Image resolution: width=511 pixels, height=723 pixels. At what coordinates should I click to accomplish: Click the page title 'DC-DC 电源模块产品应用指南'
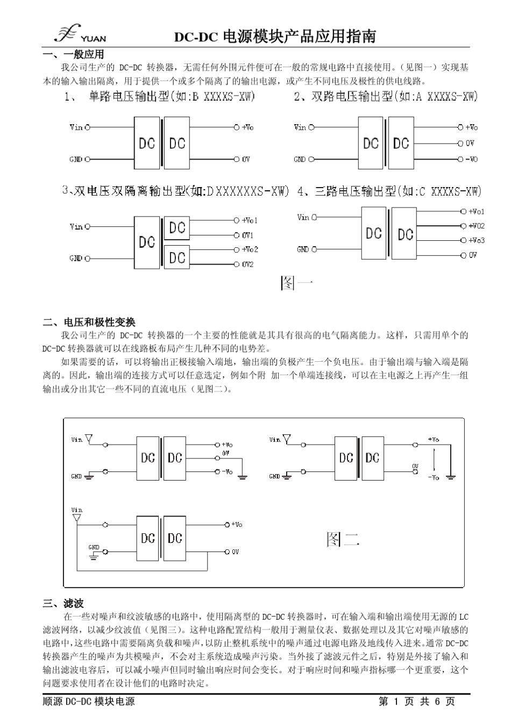point(274,37)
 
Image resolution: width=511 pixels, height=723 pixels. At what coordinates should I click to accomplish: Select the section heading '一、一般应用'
point(73,54)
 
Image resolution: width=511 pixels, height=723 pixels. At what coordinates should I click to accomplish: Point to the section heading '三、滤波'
point(63,604)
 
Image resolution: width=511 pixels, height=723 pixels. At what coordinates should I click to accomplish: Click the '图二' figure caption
point(343,539)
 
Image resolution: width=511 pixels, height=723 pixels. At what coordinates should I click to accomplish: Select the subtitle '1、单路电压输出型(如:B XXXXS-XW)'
point(159,97)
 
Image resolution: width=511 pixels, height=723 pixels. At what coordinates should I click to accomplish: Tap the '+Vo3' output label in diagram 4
point(476,240)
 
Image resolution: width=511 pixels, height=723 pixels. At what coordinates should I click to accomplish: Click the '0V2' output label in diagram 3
point(247,264)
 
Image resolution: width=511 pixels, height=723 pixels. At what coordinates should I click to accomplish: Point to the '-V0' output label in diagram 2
point(471,159)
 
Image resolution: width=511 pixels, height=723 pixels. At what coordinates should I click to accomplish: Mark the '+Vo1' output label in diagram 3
point(250,220)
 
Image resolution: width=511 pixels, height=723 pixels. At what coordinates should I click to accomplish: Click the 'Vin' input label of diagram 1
point(76,127)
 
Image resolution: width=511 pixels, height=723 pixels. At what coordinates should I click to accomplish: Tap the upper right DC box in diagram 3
point(177,228)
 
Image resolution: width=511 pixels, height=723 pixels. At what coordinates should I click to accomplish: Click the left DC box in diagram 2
point(371,144)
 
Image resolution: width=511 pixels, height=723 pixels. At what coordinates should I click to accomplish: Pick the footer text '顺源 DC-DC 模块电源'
point(89,701)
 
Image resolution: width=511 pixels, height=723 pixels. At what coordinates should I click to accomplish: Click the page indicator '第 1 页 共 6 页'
point(416,701)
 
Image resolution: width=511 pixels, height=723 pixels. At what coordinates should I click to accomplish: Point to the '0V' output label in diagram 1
point(246,159)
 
